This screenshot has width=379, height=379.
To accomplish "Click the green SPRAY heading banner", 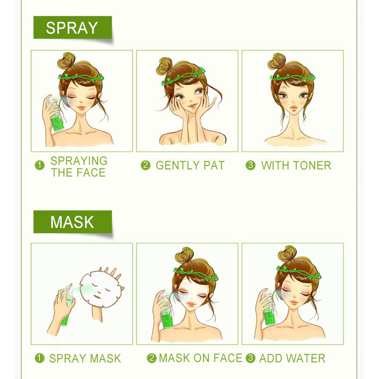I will tap(72, 27).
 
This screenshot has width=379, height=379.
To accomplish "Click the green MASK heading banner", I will tap(72, 222).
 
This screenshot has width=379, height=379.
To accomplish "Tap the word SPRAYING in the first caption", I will tap(79, 161).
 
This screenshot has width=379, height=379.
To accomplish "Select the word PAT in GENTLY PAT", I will tap(212, 165).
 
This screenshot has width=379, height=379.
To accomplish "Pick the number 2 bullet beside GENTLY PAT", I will tap(145, 165).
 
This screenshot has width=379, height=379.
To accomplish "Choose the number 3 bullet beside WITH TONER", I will tap(251, 165).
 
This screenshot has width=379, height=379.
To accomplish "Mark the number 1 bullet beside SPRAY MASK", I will tap(39, 359).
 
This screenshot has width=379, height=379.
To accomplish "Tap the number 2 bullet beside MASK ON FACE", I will tap(152, 358).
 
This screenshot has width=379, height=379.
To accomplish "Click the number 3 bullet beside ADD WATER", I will tap(251, 358).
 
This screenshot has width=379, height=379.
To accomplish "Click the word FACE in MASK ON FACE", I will tap(226, 358).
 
